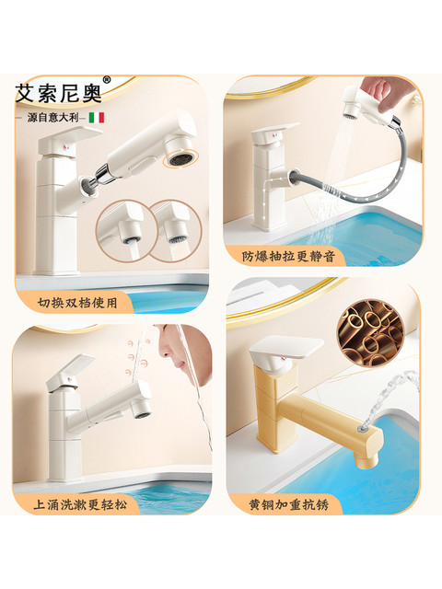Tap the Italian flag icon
[97, 118]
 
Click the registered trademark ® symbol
[106, 81]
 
